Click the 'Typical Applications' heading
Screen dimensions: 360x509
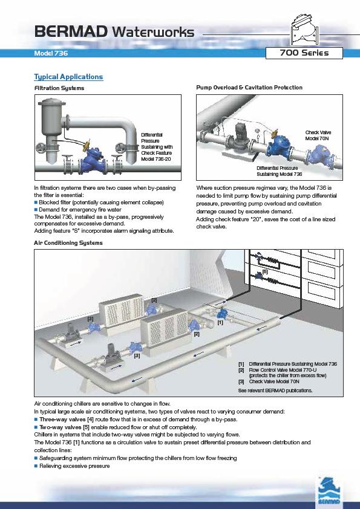[x=68, y=77]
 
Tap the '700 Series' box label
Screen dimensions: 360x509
[x=304, y=53]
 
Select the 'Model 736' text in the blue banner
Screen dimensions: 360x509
[x=51, y=53]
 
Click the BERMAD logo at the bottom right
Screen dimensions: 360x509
[x=329, y=490]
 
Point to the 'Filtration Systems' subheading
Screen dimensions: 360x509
[x=59, y=88]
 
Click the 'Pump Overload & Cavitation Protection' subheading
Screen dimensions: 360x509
[x=249, y=87]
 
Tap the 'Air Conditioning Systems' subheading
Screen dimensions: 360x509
[x=68, y=243]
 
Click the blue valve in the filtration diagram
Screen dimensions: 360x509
[x=93, y=160]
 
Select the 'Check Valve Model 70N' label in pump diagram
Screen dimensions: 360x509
[x=318, y=135]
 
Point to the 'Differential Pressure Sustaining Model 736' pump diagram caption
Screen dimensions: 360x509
[x=279, y=171]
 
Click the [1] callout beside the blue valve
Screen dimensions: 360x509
[x=220, y=322]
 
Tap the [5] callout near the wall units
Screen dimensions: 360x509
[x=265, y=271]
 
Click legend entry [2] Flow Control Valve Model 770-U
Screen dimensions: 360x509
[x=283, y=372]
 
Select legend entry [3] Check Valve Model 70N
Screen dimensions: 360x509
[x=269, y=381]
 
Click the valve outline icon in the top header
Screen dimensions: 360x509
[x=304, y=28]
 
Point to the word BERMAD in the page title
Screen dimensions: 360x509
[x=71, y=31]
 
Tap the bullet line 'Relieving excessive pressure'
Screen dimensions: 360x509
[x=72, y=466]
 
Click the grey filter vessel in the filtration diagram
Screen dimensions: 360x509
[x=51, y=130]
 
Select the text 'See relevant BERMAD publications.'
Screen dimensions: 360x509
[x=275, y=391]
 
